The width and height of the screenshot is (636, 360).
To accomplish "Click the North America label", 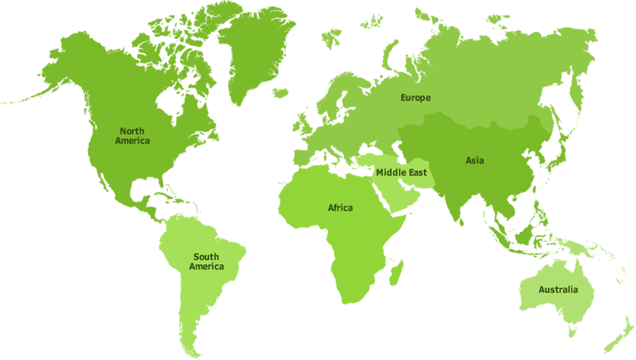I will (x=132, y=136).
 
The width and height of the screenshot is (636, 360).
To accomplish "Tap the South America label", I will (x=206, y=261).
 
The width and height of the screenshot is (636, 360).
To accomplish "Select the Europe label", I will (x=416, y=98).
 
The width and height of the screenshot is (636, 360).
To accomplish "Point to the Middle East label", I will (x=401, y=172).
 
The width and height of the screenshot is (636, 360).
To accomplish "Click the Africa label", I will (x=340, y=208).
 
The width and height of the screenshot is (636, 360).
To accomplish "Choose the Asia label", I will (x=475, y=161).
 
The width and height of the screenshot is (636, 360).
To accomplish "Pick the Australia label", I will (x=558, y=290).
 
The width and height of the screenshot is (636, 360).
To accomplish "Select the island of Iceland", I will (x=281, y=93).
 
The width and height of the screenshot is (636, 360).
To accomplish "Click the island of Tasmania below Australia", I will (x=572, y=331).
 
